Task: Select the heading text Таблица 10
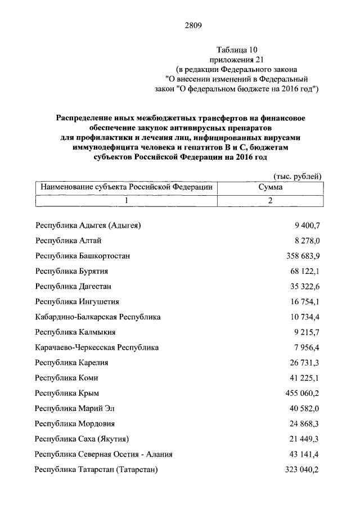(x=240, y=49)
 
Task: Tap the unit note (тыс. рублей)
(x=298, y=177)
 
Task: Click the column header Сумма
(x=270, y=187)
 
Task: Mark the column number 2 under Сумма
(x=270, y=200)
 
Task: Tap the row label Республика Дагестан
(x=74, y=286)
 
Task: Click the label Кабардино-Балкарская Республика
(x=97, y=317)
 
